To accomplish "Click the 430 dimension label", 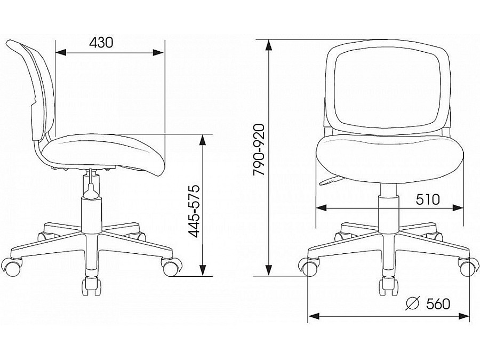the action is coord(101,43).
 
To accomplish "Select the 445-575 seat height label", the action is coord(194,211).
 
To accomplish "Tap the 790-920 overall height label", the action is coord(259,150).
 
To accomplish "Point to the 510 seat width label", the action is coord(428,199).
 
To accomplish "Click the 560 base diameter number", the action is coord(438,304).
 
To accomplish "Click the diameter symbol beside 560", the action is coord(412,303).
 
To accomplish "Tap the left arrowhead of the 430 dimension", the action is coord(61,53).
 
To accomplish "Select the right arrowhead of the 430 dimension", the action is coord(158,53).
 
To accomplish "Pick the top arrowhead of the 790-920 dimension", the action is coord(269,45).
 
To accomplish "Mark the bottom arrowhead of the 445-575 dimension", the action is coord(202,270).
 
